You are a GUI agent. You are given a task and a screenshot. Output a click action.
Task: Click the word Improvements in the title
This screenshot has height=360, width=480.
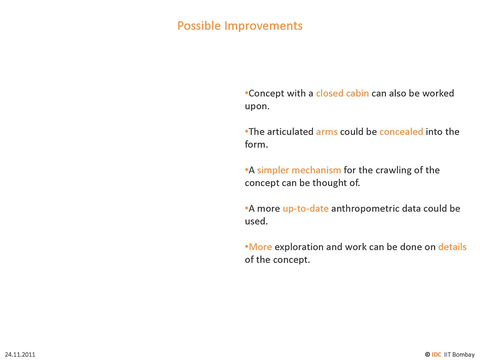[x=263, y=26]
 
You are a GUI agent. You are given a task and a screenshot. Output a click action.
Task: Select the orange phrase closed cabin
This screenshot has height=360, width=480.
[x=342, y=94]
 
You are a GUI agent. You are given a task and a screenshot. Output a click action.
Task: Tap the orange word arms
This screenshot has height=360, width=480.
[x=326, y=132]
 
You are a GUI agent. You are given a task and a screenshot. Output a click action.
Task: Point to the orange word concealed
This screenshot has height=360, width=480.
[x=401, y=132]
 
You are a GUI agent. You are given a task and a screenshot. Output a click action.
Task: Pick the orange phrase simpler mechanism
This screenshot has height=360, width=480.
[x=299, y=170]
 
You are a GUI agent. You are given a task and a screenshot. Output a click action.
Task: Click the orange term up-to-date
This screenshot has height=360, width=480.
[x=305, y=209]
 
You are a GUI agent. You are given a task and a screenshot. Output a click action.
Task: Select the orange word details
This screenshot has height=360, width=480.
[x=452, y=247]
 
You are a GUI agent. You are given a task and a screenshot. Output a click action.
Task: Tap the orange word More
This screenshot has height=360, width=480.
[x=260, y=247]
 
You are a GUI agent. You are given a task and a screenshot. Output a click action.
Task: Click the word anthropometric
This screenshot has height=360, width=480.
[x=365, y=209]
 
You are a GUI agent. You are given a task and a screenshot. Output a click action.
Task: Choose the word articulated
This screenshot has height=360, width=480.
[x=290, y=132]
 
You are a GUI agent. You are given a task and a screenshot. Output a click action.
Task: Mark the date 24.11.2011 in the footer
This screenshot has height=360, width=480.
[x=20, y=355]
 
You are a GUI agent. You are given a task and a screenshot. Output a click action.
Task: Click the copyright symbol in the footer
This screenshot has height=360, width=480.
[x=427, y=355]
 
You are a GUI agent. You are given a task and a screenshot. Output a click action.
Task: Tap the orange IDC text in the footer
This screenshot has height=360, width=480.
[x=436, y=355]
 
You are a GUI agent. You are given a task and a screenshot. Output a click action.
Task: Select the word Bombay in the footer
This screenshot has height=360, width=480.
[x=463, y=355]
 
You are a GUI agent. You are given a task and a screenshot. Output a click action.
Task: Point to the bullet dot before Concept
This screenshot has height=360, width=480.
[x=246, y=93]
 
